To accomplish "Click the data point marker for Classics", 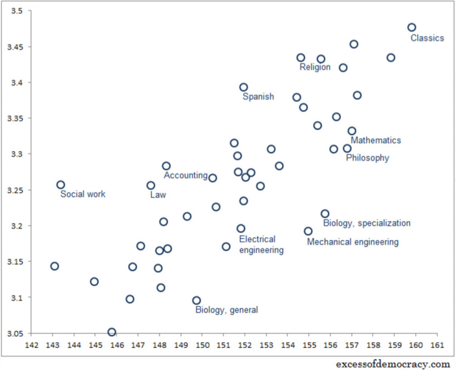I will (411, 27).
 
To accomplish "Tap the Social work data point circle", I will (61, 185).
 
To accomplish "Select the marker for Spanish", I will (243, 87).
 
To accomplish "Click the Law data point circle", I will (151, 185).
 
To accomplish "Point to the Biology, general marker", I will (197, 301).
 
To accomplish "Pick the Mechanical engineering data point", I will (308, 231).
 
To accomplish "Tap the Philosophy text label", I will (368, 158).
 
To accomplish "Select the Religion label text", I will (315, 68).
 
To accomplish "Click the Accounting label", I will (186, 176).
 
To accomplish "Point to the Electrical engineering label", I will (261, 245).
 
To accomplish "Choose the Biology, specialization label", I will (366, 223).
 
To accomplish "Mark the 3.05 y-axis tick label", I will (14, 333).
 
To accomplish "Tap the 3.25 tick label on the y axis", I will (14, 190).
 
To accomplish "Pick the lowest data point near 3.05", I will (112, 332).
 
